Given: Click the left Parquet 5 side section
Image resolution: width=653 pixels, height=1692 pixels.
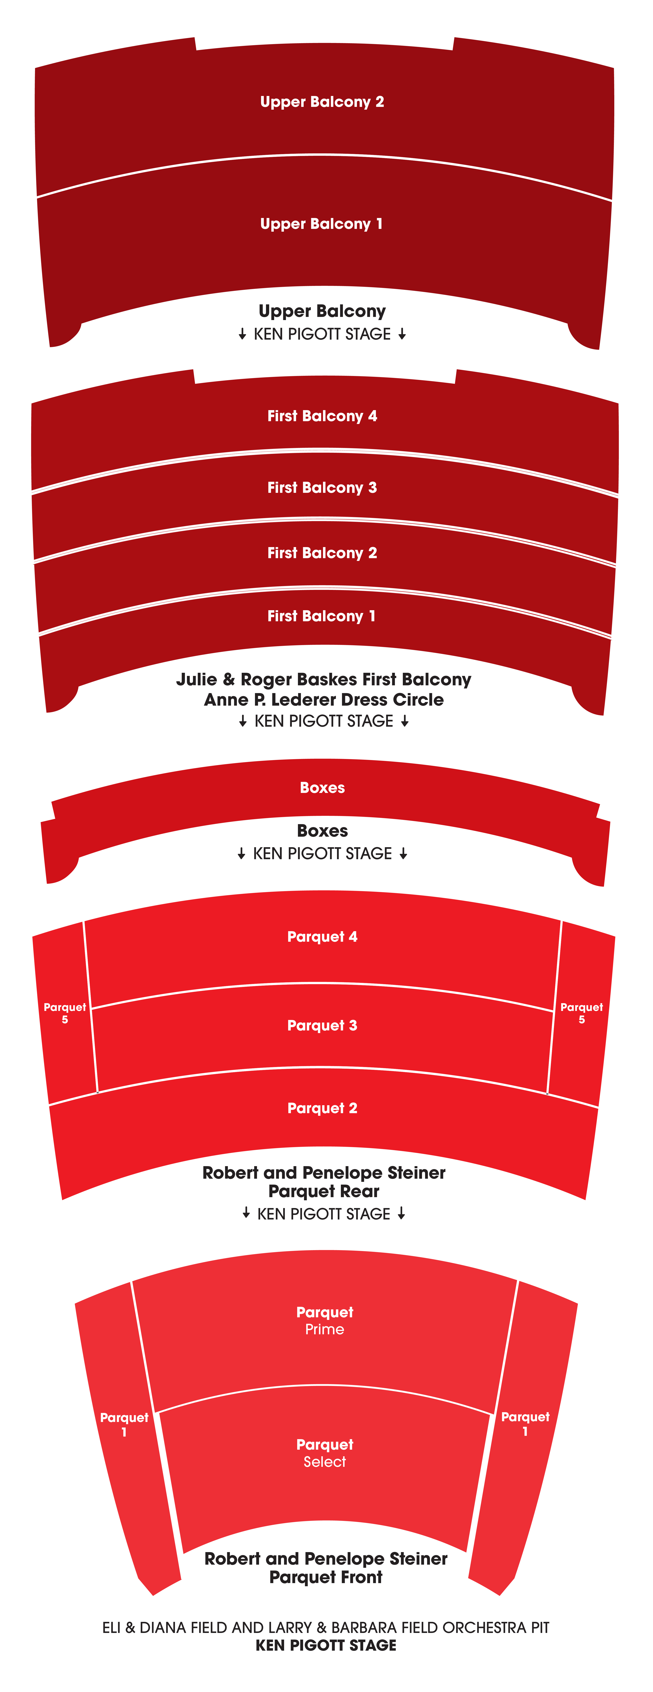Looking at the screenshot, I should tap(65, 1013).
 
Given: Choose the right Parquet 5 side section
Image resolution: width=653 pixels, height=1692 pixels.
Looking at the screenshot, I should tap(581, 1013).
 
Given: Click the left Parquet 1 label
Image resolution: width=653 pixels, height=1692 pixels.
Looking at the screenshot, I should tap(124, 1424).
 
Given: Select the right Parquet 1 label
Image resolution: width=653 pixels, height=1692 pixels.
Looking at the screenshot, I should tap(525, 1423).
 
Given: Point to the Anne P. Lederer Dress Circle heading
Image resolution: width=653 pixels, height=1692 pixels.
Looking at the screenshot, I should tap(324, 700).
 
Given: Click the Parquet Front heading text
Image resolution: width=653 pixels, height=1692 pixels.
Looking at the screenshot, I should tap(326, 1577).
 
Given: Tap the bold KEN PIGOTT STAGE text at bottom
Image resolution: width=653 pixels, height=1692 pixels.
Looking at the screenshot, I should tap(326, 1645).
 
